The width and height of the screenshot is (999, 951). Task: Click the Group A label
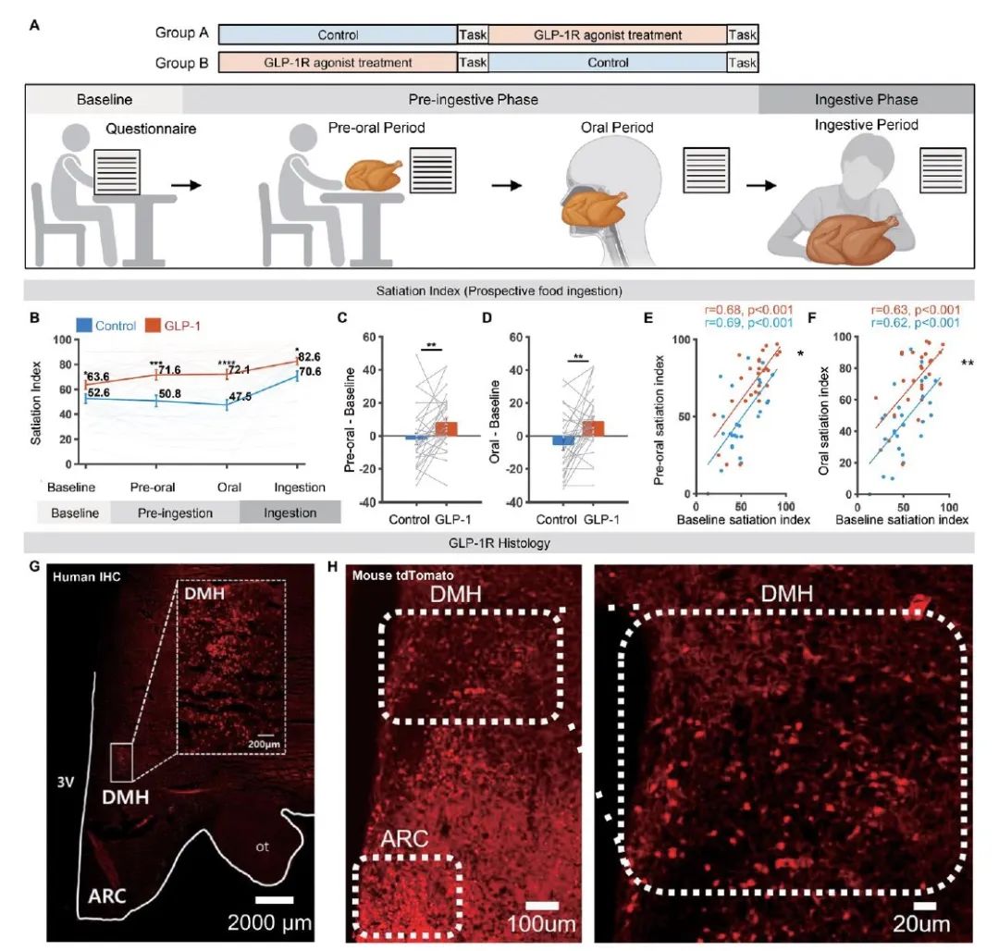pos(183,35)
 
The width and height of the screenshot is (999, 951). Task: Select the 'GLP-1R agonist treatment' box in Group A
pos(608,35)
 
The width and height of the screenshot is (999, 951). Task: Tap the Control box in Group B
pos(608,63)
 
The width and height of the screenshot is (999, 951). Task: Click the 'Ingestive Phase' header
pos(866,100)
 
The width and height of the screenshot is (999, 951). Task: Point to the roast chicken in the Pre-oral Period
pos(373,172)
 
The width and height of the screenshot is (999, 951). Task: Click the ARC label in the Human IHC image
pos(108,895)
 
